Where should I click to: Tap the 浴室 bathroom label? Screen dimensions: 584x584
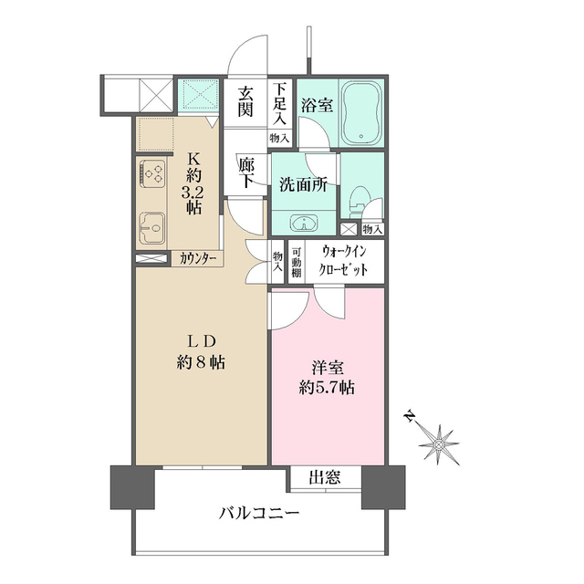[318, 105]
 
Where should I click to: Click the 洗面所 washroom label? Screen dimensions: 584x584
[302, 182]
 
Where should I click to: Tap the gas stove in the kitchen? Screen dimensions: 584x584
[151, 172]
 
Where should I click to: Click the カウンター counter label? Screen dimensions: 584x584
[198, 259]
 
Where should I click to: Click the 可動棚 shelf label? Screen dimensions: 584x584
[297, 263]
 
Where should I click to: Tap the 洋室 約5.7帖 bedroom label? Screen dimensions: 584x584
[325, 377]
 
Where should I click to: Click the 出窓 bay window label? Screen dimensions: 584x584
[325, 476]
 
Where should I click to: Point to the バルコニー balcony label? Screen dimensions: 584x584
[259, 514]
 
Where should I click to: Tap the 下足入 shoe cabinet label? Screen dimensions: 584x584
[279, 103]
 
